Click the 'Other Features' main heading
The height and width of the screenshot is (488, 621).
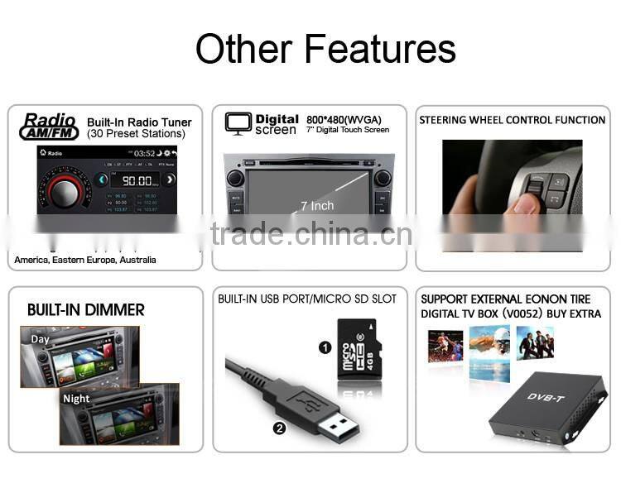325,49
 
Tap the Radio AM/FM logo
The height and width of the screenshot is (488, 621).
50,127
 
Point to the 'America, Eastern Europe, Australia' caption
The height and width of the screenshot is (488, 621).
85,260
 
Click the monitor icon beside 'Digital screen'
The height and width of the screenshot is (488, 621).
238,122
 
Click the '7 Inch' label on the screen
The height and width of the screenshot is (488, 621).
317,205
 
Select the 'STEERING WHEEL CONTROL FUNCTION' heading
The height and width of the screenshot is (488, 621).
512,120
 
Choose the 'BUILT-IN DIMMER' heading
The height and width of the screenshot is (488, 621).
86,310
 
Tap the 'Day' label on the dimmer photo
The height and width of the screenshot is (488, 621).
41,339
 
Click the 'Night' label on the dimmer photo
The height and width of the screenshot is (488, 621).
76,398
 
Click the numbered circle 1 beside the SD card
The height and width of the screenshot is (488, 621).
325,347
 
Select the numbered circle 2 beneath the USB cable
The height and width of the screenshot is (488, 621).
279,428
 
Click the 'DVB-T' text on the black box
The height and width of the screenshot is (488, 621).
544,397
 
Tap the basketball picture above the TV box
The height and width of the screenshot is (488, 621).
445,346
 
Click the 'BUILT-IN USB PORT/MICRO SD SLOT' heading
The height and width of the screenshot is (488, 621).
307,299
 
